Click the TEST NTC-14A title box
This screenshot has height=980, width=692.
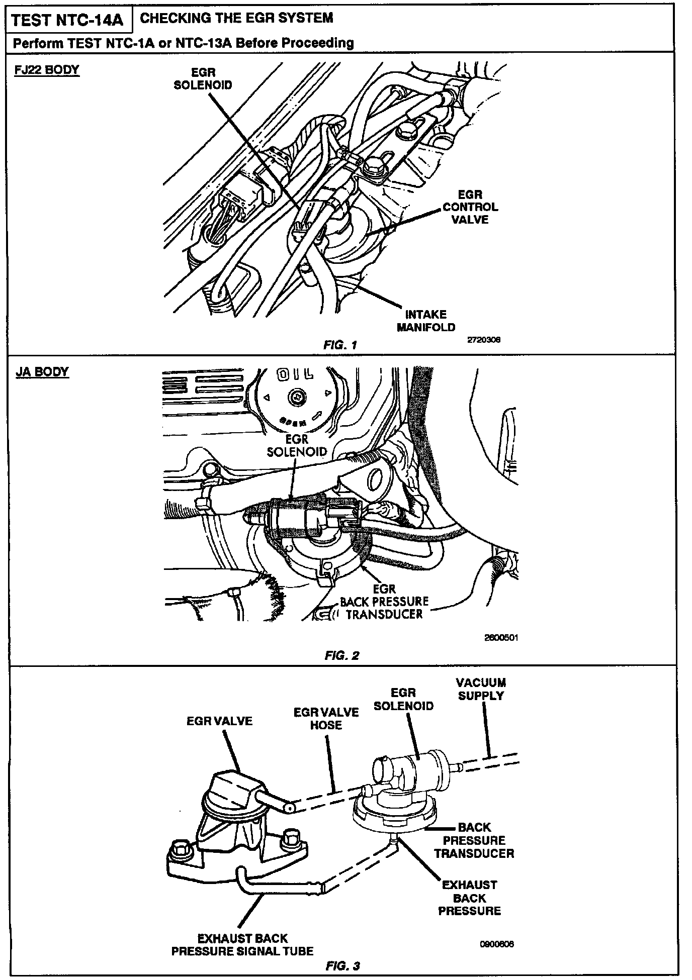(x=67, y=21)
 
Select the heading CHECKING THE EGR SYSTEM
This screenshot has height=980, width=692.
(x=236, y=18)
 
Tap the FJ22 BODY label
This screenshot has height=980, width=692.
(x=46, y=69)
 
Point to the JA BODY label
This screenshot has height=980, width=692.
(x=42, y=372)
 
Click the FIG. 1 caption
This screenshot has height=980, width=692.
(x=340, y=345)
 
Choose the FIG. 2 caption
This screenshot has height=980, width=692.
(x=342, y=655)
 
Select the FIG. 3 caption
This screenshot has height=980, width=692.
(x=342, y=966)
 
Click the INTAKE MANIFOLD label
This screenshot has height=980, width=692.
(x=426, y=321)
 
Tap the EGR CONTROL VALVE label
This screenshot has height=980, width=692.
(x=470, y=207)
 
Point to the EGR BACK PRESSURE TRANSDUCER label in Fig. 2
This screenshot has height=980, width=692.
(x=384, y=602)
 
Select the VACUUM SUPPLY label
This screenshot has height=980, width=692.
(x=481, y=689)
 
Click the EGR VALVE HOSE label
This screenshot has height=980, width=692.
(x=326, y=719)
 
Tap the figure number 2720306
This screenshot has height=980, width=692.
(x=484, y=340)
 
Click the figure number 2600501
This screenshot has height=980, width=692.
(x=501, y=638)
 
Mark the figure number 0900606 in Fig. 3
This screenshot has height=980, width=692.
(x=497, y=944)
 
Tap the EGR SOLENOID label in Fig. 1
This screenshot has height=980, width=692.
(x=203, y=79)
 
